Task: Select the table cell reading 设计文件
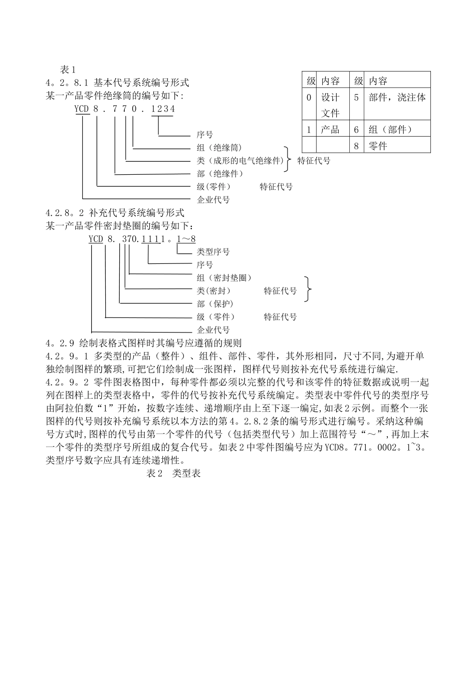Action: tap(330, 105)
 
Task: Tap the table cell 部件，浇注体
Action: tap(397, 97)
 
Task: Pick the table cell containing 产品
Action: tap(330, 129)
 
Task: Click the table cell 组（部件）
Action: tap(390, 129)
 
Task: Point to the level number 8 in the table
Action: tap(356, 146)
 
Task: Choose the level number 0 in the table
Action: tap(309, 97)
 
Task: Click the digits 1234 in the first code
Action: tap(163, 109)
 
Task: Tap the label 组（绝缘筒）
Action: tap(219, 148)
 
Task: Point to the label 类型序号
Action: tap(213, 252)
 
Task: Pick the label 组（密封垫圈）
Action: tap(224, 278)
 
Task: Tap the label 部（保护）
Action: tap(215, 304)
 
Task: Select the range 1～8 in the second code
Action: tap(186, 239)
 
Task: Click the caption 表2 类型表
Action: tap(173, 473)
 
